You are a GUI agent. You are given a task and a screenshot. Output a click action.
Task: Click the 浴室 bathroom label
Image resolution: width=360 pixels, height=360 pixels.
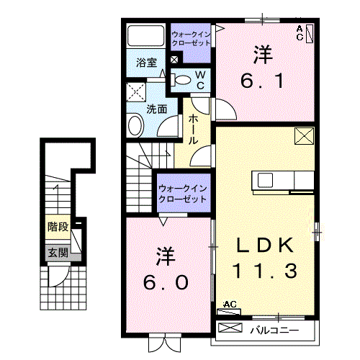[x=147, y=63]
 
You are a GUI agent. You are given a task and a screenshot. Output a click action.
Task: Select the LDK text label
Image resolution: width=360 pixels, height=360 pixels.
[x=266, y=246]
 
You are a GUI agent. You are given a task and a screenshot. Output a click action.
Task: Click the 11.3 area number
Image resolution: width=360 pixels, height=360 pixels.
[x=266, y=271]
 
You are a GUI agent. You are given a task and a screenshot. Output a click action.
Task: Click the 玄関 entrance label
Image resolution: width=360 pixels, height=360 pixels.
[x=58, y=253]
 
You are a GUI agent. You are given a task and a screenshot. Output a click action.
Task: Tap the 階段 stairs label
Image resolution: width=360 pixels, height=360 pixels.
[x=58, y=228]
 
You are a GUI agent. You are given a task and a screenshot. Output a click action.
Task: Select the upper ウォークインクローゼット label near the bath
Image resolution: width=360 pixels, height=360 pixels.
[x=192, y=37]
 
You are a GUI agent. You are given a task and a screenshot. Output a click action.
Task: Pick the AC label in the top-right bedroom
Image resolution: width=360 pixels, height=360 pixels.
[x=300, y=29]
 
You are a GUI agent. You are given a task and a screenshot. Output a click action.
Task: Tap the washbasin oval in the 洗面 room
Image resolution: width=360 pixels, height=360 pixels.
[x=135, y=126]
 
